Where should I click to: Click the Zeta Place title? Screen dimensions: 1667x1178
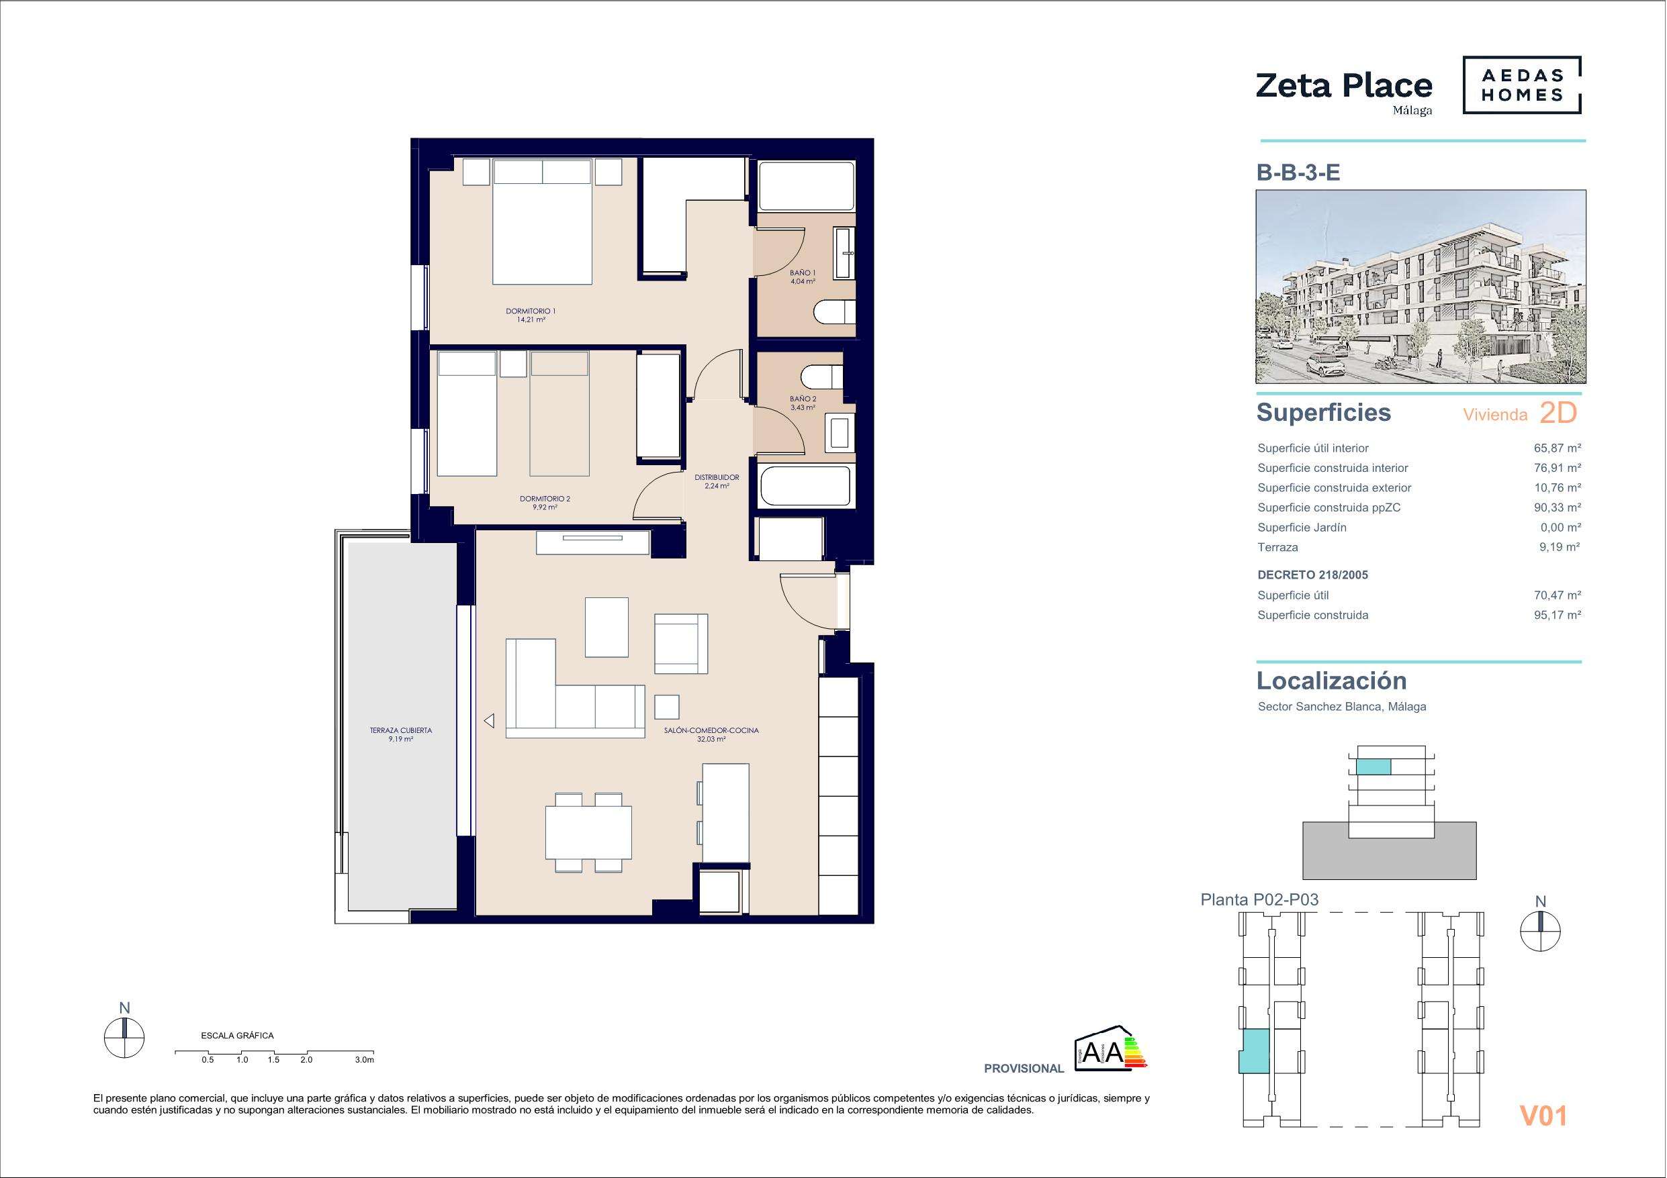click(1343, 87)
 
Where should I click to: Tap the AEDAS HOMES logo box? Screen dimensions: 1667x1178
click(1522, 86)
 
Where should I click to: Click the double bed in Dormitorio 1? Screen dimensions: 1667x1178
click(541, 222)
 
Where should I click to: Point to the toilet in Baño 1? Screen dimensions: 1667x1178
click(833, 313)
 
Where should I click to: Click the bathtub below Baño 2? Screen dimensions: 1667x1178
click(804, 486)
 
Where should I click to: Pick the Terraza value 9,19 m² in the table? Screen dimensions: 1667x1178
click(1559, 547)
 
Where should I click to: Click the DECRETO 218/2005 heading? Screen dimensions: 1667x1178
click(1312, 575)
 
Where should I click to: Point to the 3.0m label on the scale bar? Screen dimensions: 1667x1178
click(365, 1060)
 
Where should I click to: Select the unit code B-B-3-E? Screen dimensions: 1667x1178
click(1298, 173)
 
